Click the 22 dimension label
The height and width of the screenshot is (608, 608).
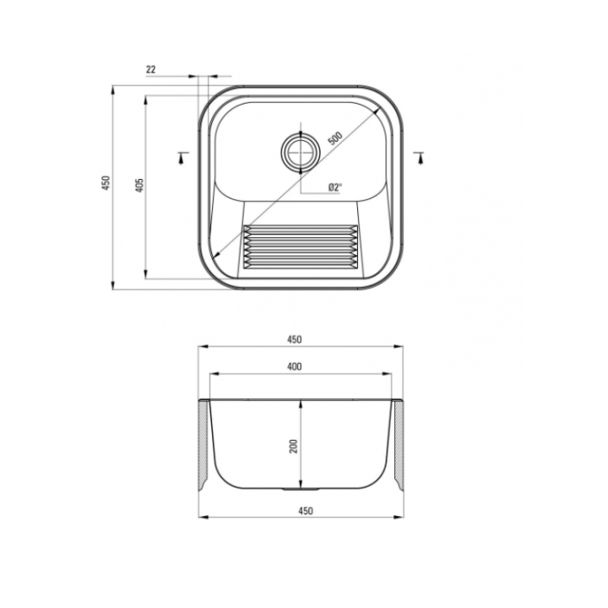coord(151,69)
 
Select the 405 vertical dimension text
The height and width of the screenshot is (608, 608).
coord(140,185)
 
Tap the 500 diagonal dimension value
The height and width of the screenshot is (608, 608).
coord(335,138)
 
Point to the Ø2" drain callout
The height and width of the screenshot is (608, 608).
coord(335,187)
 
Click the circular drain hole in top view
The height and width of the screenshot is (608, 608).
coord(301,152)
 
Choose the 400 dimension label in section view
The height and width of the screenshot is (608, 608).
coord(295,366)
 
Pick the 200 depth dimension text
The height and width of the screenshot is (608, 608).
coord(294,447)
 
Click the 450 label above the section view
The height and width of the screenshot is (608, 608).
coord(295,339)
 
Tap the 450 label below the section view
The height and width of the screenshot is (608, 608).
coord(306,511)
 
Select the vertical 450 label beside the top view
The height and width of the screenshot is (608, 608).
coord(106,183)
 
